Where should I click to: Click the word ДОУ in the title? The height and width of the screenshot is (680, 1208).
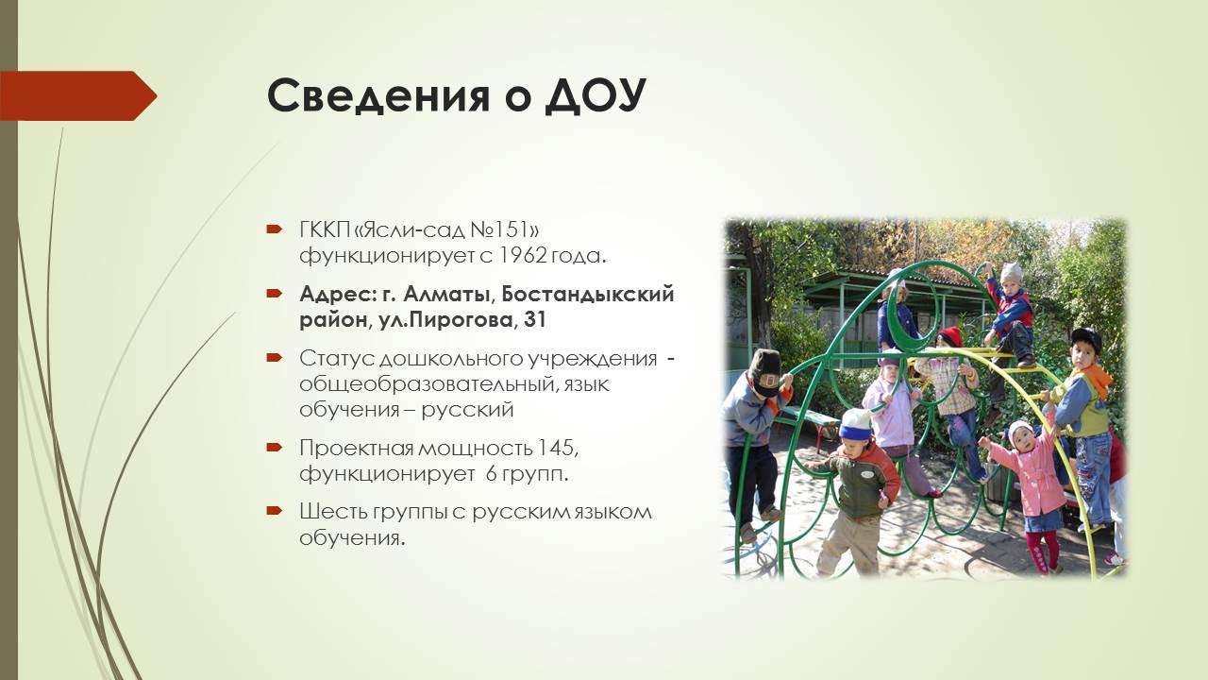[596, 96]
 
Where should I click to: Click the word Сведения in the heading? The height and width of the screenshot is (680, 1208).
[378, 96]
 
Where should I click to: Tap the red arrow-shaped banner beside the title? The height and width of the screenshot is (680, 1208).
[78, 95]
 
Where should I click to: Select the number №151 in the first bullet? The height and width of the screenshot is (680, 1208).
[504, 229]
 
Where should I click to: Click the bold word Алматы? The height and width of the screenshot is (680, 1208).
[450, 295]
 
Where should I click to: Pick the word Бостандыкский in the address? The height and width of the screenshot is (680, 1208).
[588, 295]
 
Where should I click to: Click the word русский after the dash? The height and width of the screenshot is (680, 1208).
[467, 410]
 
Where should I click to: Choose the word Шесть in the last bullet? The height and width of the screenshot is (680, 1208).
[332, 512]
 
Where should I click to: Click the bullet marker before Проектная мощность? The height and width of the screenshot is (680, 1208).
[275, 448]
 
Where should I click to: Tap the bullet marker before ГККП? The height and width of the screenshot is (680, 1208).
[275, 229]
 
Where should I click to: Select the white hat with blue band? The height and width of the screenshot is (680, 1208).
[855, 425]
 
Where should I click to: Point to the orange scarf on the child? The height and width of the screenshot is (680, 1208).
[1092, 377]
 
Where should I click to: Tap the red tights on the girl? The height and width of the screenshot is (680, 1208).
[1044, 551]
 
